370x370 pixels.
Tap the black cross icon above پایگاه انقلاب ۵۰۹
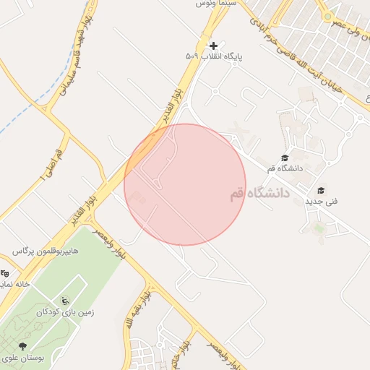(x=213, y=46)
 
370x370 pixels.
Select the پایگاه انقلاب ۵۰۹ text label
(x=213, y=56)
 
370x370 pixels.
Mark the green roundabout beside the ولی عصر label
(x=327, y=16)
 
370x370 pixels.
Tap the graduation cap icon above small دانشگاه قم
(x=284, y=158)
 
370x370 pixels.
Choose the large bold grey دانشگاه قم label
(x=258, y=194)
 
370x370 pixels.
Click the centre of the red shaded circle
(x=185, y=184)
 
